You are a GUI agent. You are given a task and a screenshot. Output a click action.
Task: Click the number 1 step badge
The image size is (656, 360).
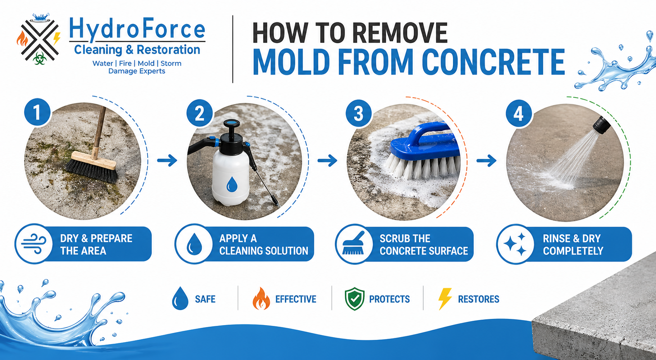[37, 112]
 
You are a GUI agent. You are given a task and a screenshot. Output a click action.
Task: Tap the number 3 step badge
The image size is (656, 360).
[358, 113]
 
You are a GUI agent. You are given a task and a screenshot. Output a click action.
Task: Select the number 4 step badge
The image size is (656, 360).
[519, 114]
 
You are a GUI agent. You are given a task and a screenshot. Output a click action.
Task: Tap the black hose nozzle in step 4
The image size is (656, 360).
[601, 125]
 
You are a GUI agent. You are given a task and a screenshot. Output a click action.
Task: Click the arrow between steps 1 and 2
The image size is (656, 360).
[167, 160]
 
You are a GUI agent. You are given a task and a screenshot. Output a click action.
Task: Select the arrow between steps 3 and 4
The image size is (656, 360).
[486, 160]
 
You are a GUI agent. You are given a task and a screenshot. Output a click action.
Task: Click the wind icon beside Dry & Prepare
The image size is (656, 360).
[34, 244]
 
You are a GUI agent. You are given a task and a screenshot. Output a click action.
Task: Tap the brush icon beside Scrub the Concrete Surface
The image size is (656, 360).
[354, 244]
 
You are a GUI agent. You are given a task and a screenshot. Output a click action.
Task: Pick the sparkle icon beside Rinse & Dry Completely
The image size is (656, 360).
[515, 244]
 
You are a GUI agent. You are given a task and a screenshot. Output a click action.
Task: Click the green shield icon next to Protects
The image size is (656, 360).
[355, 299]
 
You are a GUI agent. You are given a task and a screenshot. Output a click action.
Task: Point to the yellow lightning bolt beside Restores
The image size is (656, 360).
[445, 299]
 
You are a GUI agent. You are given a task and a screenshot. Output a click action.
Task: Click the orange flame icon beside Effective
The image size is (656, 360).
[261, 299]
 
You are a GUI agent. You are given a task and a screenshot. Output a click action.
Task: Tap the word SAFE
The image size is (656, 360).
[205, 299]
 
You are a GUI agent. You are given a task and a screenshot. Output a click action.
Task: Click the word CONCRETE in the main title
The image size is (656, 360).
[493, 62]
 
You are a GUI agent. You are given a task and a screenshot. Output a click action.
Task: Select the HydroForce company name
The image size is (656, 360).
[137, 29]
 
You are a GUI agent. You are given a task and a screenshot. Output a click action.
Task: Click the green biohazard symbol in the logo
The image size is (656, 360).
[39, 59]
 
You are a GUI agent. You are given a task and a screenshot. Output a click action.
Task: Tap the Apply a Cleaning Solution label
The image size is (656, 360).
[263, 245]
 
